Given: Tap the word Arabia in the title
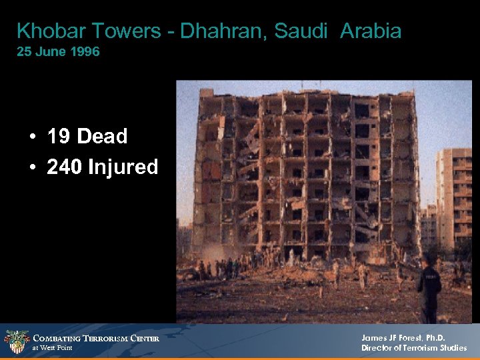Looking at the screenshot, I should point(371,31).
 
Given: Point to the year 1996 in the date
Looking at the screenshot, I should point(87,52).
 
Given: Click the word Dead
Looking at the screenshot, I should point(102,137).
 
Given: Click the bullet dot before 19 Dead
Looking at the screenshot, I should point(32,137).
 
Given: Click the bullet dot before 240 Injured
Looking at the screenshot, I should point(32,167).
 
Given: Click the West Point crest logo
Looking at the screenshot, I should point(16,342).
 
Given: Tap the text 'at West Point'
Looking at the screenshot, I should point(52,348).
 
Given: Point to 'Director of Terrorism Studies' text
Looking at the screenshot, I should point(414,348).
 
